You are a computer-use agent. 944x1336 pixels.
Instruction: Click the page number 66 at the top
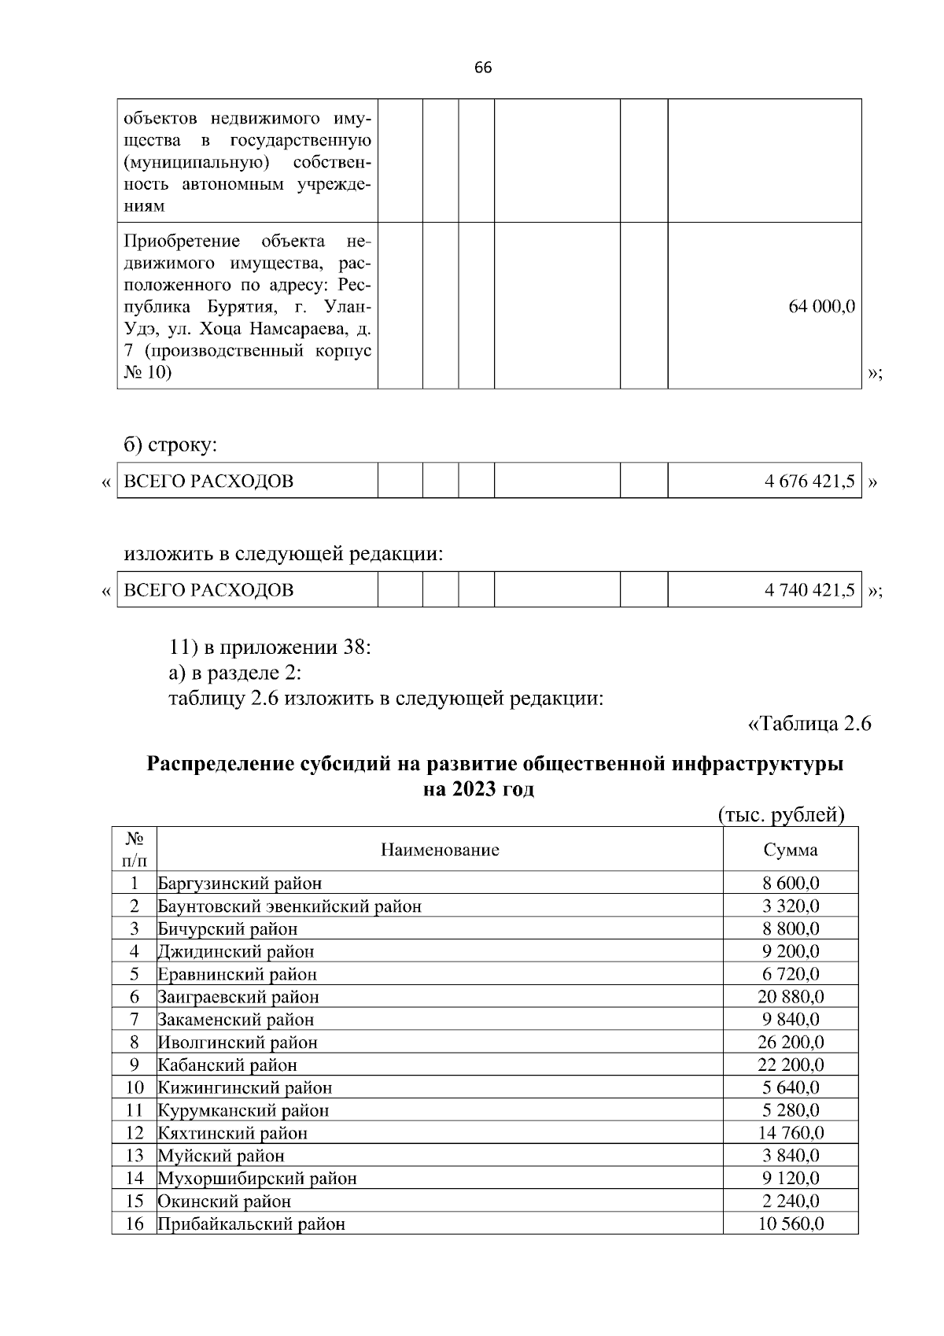(483, 68)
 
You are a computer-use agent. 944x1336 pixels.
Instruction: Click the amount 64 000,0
(821, 307)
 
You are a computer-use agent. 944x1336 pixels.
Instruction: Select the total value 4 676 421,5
(809, 482)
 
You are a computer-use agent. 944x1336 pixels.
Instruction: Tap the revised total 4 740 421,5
(809, 590)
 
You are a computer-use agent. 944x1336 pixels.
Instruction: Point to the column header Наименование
(440, 850)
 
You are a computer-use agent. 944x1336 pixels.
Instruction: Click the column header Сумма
(790, 850)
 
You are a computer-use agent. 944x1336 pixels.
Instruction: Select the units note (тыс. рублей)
(781, 815)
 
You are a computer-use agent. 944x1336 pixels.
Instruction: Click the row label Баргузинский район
(240, 884)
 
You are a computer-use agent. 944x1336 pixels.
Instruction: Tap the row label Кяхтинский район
(233, 1134)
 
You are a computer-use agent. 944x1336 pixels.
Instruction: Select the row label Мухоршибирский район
(257, 1179)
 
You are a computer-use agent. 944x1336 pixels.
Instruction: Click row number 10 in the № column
(135, 1088)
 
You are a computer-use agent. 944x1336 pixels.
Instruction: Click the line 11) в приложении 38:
(270, 648)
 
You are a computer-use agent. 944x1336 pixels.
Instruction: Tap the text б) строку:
(170, 446)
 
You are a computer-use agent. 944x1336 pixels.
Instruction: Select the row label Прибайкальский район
(252, 1224)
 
